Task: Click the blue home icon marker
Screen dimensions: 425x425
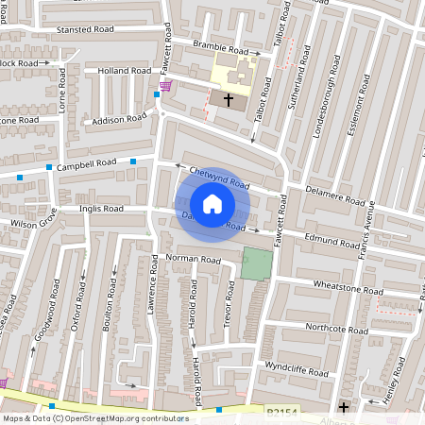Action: pos(212,204)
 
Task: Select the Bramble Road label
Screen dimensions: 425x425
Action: pos(219,48)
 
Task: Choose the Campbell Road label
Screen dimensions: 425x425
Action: pos(86,164)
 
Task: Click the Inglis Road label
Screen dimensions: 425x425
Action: pos(101,209)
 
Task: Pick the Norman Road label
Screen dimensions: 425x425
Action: pos(193,259)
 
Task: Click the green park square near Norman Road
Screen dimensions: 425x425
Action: pos(254,263)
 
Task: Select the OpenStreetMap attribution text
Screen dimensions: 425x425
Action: pos(94,418)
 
